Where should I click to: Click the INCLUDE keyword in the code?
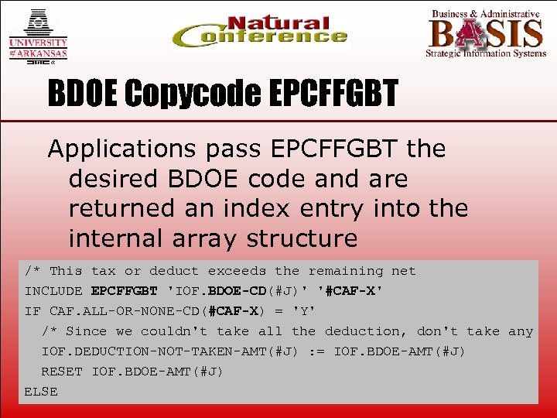coord(53,291)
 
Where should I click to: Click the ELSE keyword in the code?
coord(41,392)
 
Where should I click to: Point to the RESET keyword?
coord(62,372)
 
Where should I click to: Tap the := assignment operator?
coord(316,351)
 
